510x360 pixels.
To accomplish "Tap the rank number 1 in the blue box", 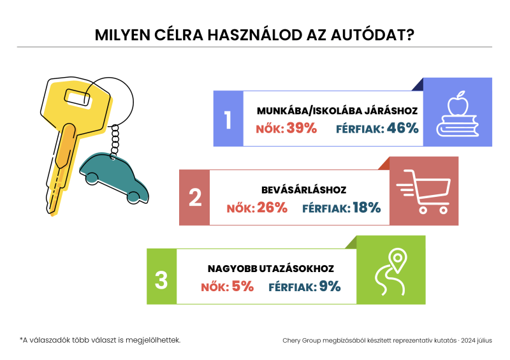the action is (x=228, y=120).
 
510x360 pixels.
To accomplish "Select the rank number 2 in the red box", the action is (x=195, y=198).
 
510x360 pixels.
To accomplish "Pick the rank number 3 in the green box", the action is (x=161, y=280).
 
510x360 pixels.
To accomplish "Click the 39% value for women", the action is (x=302, y=128).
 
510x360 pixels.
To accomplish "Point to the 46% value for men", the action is (x=403, y=128).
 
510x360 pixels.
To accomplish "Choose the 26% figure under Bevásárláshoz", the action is (x=272, y=208).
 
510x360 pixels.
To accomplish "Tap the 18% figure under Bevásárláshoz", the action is (x=367, y=208).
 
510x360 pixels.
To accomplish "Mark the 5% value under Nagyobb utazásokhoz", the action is (x=243, y=287).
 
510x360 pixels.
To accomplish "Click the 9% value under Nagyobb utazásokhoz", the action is (x=330, y=287).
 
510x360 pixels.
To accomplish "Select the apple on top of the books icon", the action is (x=458, y=103).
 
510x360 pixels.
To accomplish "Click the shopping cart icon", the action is (x=423, y=192).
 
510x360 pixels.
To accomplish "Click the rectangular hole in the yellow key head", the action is (x=78, y=97).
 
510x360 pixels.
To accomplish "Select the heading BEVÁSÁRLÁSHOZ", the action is (x=304, y=190).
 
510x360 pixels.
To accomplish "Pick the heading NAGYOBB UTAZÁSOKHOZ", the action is (x=271, y=269).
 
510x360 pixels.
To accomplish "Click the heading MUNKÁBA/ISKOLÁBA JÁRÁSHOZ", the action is (x=337, y=111).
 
